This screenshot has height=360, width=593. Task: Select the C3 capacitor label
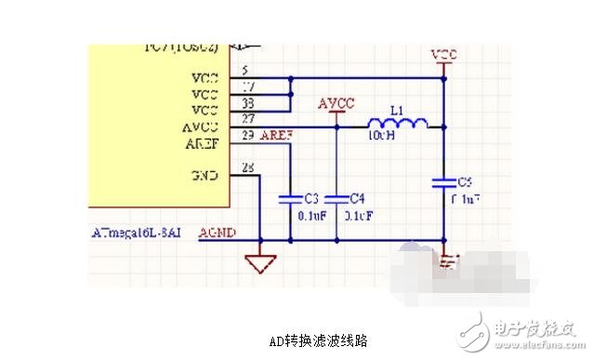point(312,198)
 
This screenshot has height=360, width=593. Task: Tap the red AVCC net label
point(336,102)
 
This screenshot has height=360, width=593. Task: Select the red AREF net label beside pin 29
point(276,136)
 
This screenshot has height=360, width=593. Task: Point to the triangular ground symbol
point(261,263)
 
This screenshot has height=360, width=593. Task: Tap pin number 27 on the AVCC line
point(249,119)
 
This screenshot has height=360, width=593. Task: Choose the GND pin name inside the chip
point(204,175)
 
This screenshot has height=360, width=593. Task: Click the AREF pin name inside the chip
point(202,144)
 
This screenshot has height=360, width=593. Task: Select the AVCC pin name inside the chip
point(201,127)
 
